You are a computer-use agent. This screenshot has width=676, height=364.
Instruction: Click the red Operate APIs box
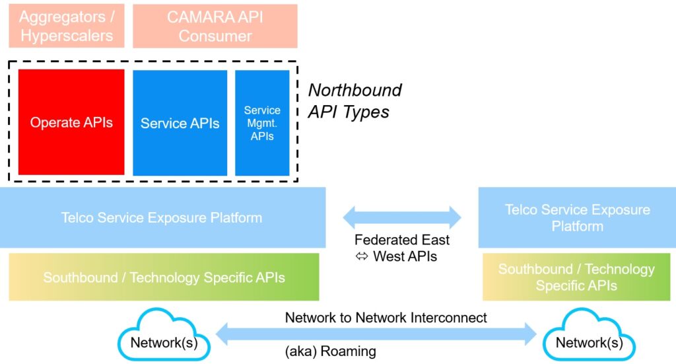(x=71, y=122)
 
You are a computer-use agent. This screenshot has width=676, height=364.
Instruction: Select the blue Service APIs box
(x=180, y=123)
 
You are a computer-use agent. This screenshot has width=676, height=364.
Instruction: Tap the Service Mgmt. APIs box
(x=262, y=123)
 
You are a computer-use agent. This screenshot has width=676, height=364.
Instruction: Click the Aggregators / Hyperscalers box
(x=66, y=26)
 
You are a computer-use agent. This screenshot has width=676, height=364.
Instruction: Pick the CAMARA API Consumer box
(x=215, y=26)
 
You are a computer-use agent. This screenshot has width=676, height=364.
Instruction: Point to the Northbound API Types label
(x=355, y=101)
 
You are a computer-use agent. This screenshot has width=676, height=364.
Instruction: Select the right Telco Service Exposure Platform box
(x=577, y=218)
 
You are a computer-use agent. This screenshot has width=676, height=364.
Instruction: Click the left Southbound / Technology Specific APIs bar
(x=164, y=277)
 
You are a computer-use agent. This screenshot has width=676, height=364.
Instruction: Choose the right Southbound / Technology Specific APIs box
(x=576, y=277)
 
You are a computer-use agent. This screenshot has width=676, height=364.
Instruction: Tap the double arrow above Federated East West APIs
(x=401, y=217)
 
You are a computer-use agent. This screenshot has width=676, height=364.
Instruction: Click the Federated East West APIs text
(x=401, y=248)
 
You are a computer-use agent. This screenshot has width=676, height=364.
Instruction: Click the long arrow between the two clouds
(x=376, y=334)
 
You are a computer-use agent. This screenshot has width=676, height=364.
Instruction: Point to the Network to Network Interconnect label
(x=386, y=318)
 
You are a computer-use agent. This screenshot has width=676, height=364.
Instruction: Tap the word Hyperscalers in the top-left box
(x=67, y=36)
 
